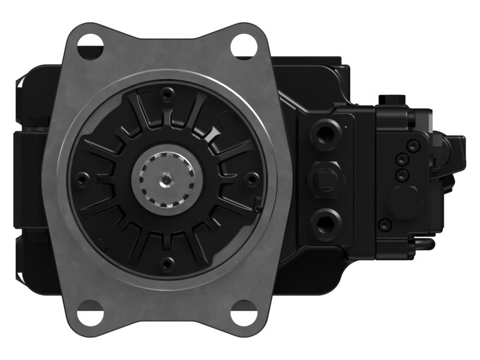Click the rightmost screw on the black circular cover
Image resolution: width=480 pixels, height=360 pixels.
tap(253, 178)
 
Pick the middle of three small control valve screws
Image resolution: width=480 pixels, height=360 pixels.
tap(401, 160)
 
